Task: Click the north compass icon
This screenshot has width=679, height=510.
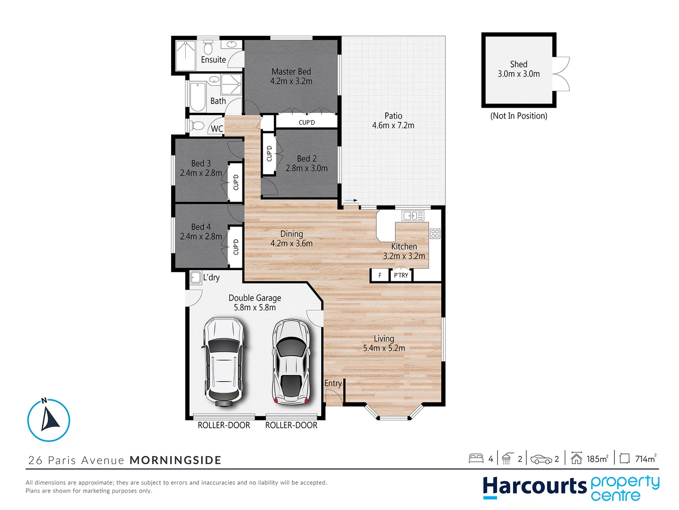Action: click(x=49, y=420)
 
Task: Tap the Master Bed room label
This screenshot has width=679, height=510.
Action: click(x=291, y=72)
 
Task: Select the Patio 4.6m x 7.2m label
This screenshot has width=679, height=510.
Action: click(x=393, y=121)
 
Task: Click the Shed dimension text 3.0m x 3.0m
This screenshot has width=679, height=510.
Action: click(x=519, y=74)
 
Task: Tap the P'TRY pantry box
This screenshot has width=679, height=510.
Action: click(x=401, y=275)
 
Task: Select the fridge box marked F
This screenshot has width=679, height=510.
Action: click(x=380, y=275)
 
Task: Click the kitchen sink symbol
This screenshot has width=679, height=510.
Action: click(x=413, y=216)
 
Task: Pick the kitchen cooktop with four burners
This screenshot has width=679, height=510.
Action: click(x=435, y=233)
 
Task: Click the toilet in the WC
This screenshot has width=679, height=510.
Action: click(x=198, y=126)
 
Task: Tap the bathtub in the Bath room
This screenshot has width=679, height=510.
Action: click(x=198, y=96)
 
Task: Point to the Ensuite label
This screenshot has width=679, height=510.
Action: click(x=213, y=60)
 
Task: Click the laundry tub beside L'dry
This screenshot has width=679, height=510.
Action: click(x=195, y=278)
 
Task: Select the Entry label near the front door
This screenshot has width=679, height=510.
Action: click(x=333, y=383)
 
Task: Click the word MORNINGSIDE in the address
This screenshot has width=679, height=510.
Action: click(x=175, y=460)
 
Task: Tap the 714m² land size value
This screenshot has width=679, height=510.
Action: click(x=645, y=459)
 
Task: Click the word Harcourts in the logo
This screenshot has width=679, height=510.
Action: click(x=534, y=486)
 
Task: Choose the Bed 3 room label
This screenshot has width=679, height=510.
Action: click(x=201, y=163)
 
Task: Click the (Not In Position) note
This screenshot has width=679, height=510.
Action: click(x=519, y=116)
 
